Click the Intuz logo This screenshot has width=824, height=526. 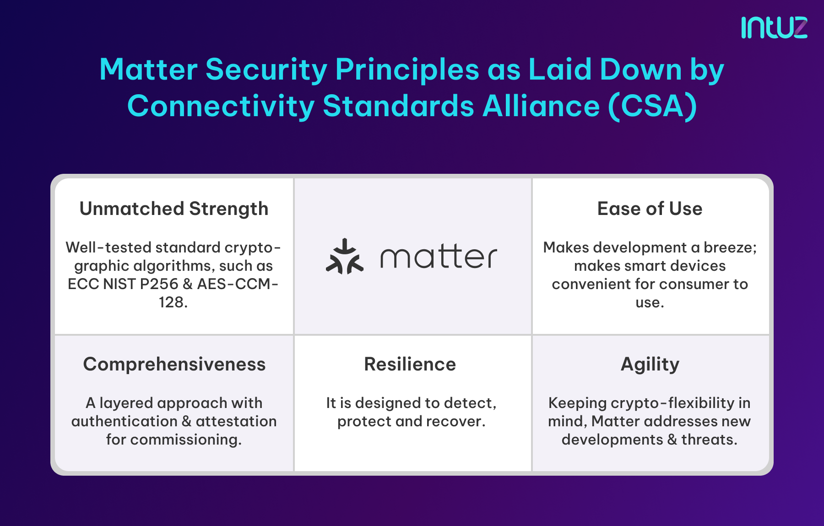coord(774,27)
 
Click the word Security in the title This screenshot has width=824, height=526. coord(266,70)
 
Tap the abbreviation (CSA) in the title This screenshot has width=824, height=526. coord(652,107)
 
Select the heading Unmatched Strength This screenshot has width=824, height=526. coord(174,209)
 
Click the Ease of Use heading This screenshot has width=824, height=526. coord(650,209)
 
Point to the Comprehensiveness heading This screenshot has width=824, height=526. coord(174,364)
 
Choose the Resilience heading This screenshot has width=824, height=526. coord(410,364)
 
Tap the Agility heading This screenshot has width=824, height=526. coord(650,364)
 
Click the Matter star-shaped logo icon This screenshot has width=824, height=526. coord(345,257)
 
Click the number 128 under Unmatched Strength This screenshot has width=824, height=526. coord(171,302)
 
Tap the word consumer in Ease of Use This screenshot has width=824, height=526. coord(694,284)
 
